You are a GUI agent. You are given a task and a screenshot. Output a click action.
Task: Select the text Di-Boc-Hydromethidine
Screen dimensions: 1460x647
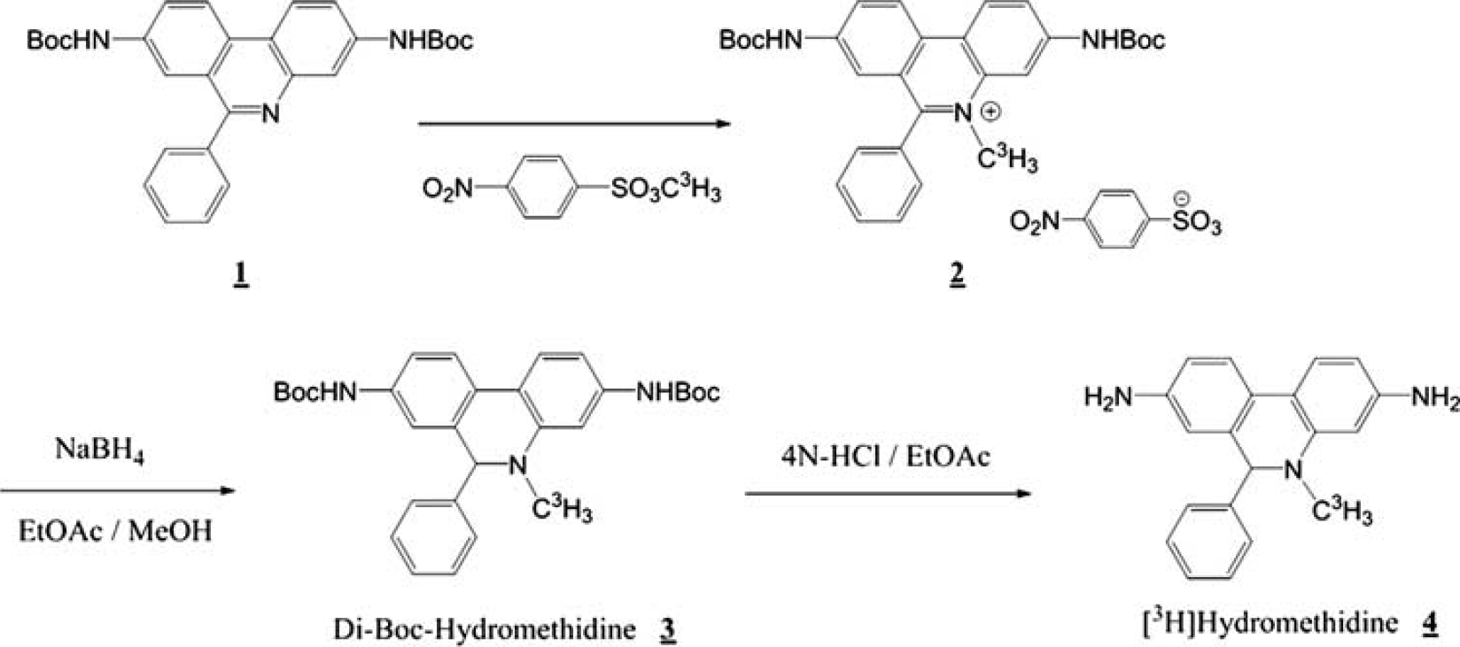click(484, 628)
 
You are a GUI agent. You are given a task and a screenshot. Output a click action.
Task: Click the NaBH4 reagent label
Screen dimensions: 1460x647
click(100, 450)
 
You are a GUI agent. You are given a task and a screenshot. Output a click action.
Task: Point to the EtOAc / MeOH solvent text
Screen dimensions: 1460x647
click(115, 530)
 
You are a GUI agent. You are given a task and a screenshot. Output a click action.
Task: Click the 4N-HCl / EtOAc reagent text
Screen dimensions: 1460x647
click(885, 456)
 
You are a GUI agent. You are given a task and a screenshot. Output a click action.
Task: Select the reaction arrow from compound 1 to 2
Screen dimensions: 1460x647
click(574, 123)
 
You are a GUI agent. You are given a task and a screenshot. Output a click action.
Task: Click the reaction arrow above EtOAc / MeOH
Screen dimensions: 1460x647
click(117, 490)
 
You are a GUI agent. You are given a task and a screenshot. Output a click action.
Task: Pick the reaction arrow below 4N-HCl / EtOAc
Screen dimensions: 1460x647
click(889, 493)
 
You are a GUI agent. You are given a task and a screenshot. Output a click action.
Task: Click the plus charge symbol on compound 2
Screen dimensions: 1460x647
click(990, 112)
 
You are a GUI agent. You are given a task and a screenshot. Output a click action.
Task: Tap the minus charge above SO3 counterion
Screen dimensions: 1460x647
click(1181, 198)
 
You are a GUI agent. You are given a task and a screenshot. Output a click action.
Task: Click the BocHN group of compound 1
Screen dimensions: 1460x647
click(68, 41)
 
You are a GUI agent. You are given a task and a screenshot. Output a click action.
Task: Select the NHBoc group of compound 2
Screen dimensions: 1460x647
click(1123, 41)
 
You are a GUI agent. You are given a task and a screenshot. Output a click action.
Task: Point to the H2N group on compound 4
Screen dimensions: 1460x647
click(1108, 397)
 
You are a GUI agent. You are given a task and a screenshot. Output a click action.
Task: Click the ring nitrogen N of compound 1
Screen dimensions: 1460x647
click(270, 114)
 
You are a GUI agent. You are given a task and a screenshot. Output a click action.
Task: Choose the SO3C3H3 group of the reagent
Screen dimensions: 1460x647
click(665, 190)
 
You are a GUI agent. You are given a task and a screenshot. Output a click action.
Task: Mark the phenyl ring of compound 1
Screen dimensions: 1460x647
click(186, 186)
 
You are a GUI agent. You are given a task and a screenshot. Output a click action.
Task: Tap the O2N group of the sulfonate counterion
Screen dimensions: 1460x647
click(1035, 223)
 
